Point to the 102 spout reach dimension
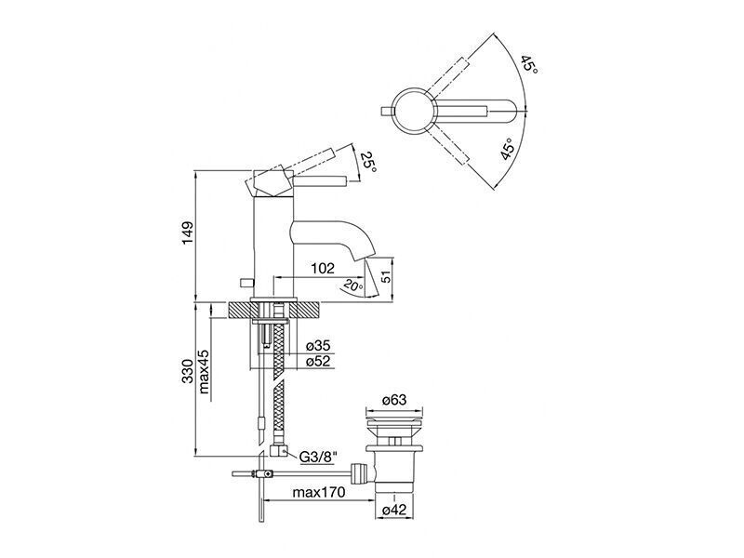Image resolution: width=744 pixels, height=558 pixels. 323,269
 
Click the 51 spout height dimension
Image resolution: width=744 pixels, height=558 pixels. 387,275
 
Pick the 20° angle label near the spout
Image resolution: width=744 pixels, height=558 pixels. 353,286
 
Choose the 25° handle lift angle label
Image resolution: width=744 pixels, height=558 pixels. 368,162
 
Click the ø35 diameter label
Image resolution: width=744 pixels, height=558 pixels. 318,346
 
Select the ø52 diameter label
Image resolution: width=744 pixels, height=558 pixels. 318,362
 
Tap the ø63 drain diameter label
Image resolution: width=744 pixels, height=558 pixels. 394,400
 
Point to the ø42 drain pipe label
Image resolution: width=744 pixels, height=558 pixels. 394,510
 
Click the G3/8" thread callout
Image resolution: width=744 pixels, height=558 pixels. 318,457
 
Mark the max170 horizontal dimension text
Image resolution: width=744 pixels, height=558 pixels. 319,492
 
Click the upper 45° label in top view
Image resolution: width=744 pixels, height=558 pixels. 528,64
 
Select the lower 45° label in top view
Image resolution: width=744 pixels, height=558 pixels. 507,150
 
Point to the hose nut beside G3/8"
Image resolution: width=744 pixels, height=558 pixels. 277,450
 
